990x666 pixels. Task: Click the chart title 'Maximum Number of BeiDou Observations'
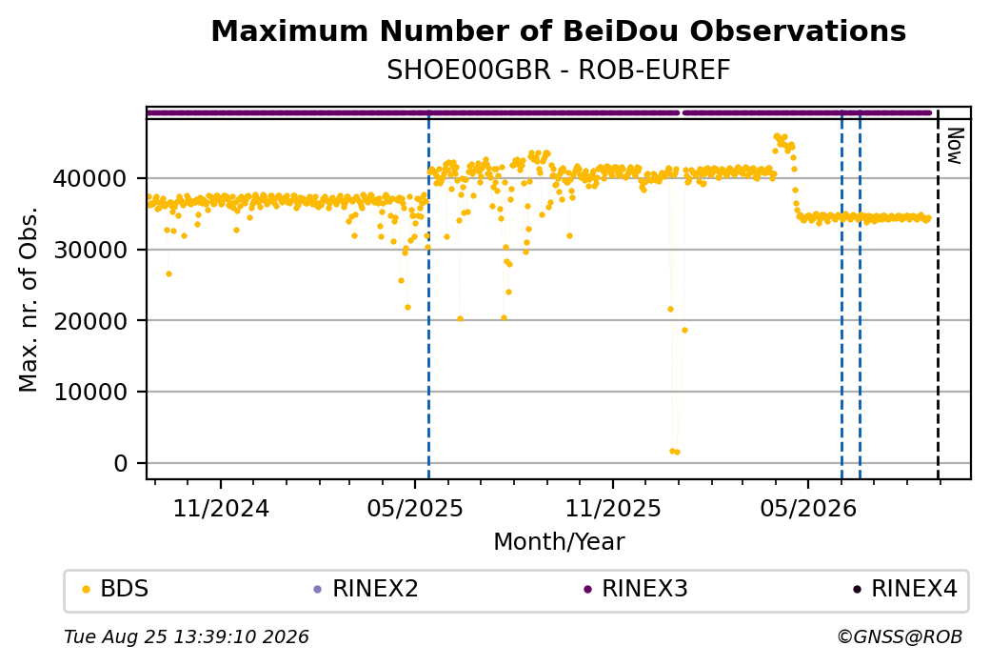[x=558, y=30]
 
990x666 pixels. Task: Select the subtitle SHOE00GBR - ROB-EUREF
[x=558, y=71]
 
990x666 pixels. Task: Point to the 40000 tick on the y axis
[x=89, y=179]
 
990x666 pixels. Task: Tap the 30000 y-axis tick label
[x=89, y=251]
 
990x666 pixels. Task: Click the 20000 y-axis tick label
[x=89, y=321]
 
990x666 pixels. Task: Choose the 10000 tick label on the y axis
[x=89, y=393]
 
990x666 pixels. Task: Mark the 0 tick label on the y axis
[x=121, y=464]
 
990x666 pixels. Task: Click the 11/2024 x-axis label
[x=221, y=509]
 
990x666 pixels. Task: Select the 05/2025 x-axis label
[x=415, y=509]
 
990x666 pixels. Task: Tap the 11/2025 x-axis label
[x=612, y=509]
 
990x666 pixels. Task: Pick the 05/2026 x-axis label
[x=808, y=509]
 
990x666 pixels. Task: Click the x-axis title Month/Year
[x=559, y=542]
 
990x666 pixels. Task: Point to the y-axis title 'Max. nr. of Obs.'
[x=29, y=299]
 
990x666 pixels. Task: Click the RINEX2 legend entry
[x=366, y=589]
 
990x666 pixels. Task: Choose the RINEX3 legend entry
[x=636, y=589]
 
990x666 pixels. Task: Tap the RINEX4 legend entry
[x=905, y=589]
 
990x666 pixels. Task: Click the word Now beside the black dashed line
[x=955, y=146]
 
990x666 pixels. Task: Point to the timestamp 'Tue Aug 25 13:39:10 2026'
[x=187, y=636]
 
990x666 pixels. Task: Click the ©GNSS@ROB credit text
[x=900, y=636]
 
